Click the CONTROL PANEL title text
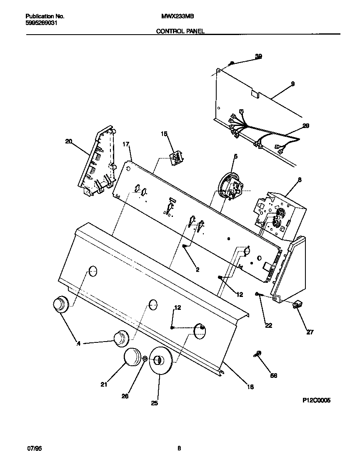pyautogui.click(x=180, y=31)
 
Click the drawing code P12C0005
pyautogui.click(x=316, y=400)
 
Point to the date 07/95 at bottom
pyautogui.click(x=35, y=449)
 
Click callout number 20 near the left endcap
pyautogui.click(x=69, y=142)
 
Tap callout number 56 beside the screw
pyautogui.click(x=273, y=375)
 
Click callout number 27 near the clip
pyautogui.click(x=310, y=332)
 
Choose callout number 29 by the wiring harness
pyautogui.click(x=306, y=126)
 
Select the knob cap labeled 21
pyautogui.click(x=133, y=358)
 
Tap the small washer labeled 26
pyautogui.click(x=145, y=359)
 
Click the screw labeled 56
pyautogui.click(x=257, y=354)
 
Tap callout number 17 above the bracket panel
pyautogui.click(x=126, y=144)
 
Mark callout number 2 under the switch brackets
pyautogui.click(x=197, y=270)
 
